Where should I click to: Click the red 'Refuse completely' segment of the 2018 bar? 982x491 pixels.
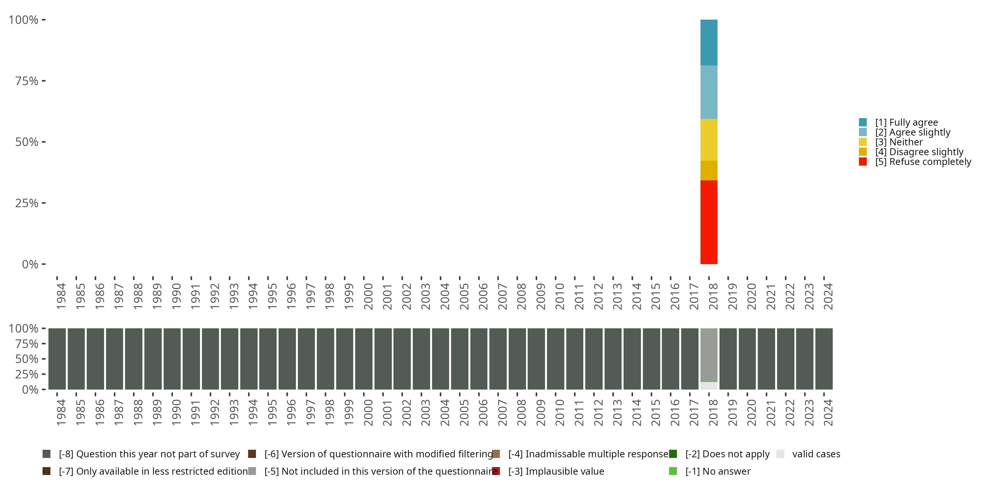coord(709,222)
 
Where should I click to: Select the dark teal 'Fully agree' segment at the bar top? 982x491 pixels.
coord(709,42)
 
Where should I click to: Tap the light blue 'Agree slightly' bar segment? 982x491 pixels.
coord(709,92)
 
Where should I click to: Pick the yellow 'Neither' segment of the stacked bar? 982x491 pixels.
coord(709,139)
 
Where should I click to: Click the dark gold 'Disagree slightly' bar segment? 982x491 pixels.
coord(709,171)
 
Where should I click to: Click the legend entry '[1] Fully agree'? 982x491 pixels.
coord(906,122)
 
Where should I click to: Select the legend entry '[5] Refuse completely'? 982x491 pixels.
coord(923,162)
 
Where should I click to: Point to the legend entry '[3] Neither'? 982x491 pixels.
coord(899,142)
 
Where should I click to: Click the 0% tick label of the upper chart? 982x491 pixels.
coord(30,264)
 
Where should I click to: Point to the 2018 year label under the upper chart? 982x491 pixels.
coord(713,296)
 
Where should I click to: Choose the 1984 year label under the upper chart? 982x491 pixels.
coord(61,296)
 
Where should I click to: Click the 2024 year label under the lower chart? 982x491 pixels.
coord(828,412)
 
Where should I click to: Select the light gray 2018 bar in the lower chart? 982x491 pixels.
coord(709,355)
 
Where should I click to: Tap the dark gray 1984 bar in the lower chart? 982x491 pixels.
coord(57,359)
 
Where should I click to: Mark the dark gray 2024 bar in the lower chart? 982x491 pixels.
coord(824,359)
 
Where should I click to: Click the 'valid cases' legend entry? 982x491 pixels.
coord(816,454)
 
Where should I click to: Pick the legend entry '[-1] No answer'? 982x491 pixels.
coord(718,471)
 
